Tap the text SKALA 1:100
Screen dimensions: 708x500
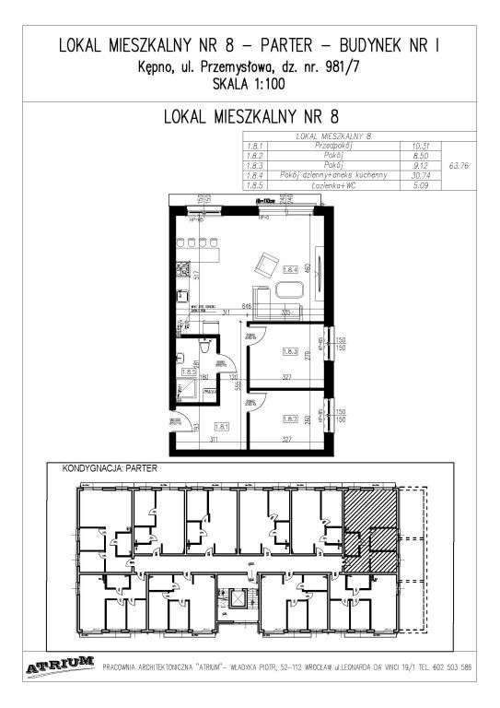[x=250, y=82]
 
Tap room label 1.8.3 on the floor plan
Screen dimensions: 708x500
[x=289, y=351]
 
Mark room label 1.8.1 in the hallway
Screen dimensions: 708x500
[x=221, y=427]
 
